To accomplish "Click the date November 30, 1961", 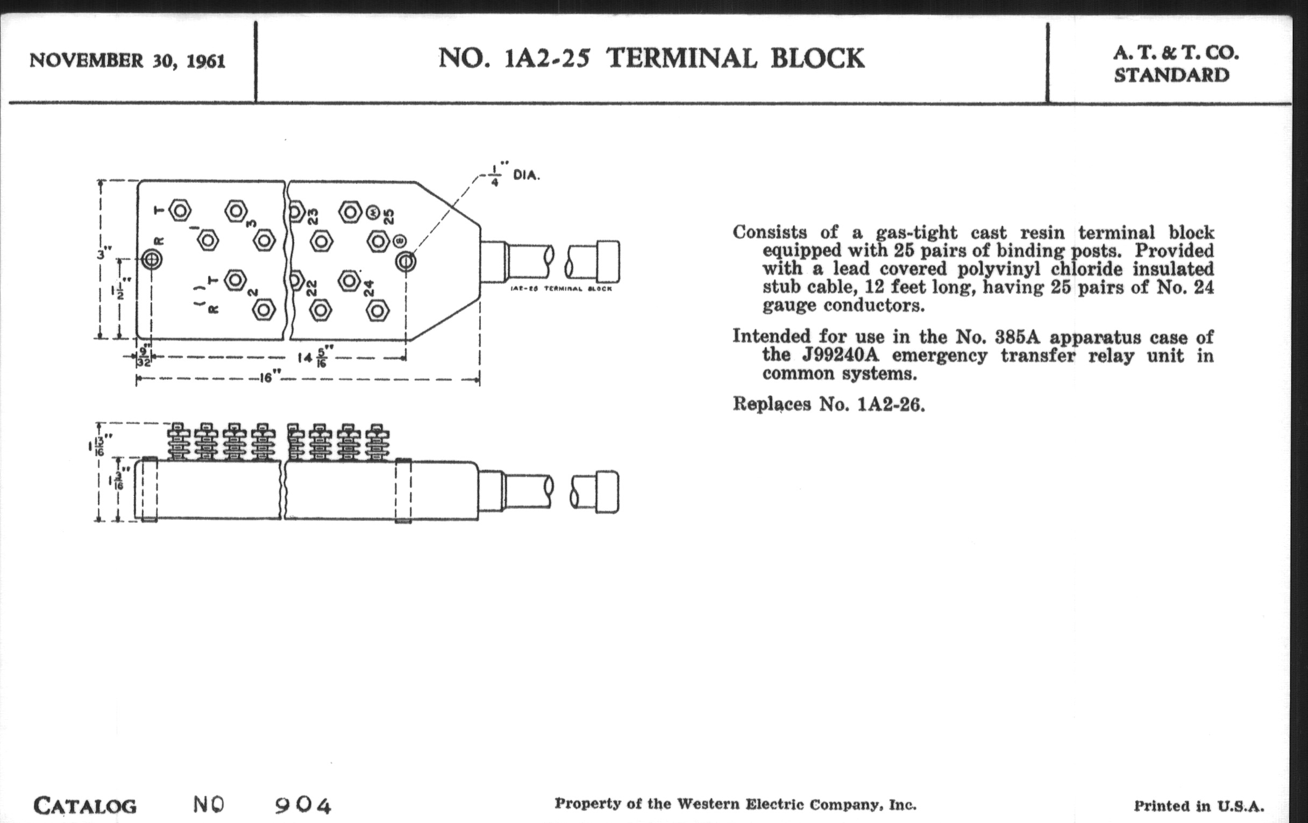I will tap(127, 60).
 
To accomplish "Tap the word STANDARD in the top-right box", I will tap(1171, 75).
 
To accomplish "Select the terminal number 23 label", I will tap(314, 216).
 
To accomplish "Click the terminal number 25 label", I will tap(389, 216).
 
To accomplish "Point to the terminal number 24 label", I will tap(369, 288).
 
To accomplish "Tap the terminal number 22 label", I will tap(312, 288).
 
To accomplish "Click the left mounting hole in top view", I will tap(152, 260).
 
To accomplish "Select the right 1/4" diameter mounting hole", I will tap(406, 262).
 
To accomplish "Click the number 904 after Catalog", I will tap(303, 805).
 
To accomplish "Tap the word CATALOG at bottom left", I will tap(85, 806).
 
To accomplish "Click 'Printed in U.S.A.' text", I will tap(1198, 806).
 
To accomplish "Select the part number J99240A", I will tap(840, 355).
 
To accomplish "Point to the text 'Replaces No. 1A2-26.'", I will tap(828, 404).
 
